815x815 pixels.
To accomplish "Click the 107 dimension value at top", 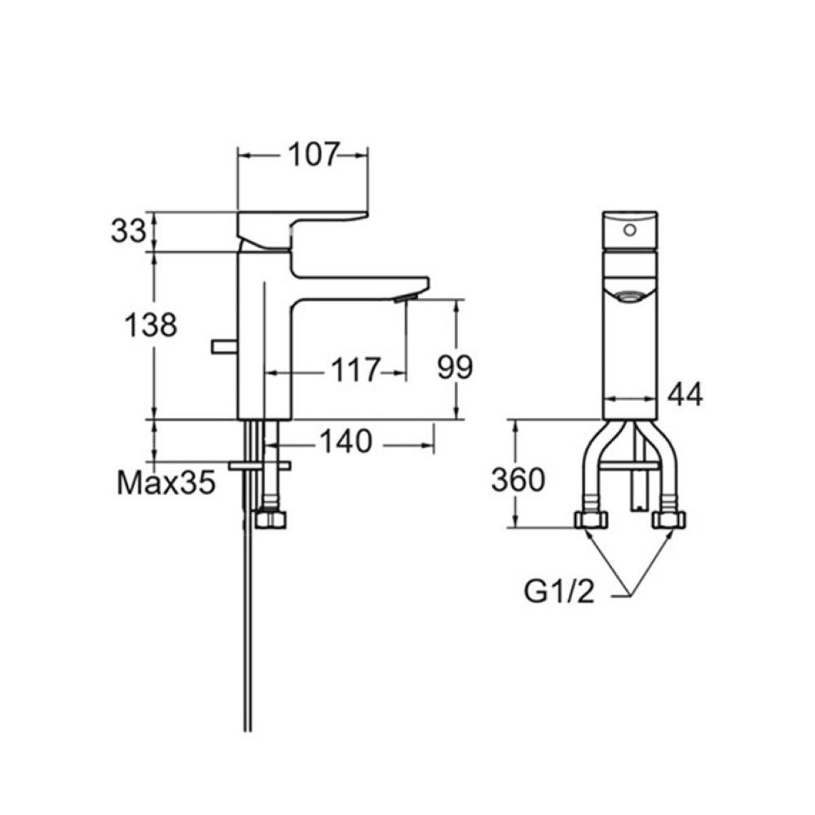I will [x=311, y=154].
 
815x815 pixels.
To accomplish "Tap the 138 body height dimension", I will [x=150, y=325].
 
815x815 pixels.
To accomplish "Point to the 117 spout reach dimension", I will [x=355, y=371].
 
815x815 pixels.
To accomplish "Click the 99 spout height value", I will [x=455, y=368].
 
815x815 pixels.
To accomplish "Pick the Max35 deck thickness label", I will [x=166, y=483].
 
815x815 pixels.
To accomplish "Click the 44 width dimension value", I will [x=685, y=394].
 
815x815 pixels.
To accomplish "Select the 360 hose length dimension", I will [x=518, y=480].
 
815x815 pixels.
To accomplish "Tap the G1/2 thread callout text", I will [x=558, y=593].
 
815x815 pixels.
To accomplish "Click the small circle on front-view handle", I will [x=628, y=230].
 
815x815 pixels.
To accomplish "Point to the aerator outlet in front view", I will [x=628, y=296].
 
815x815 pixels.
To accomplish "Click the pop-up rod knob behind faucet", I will [x=222, y=348].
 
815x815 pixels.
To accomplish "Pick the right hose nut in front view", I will [x=670, y=520].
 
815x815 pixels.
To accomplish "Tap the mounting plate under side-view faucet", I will [x=260, y=465].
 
